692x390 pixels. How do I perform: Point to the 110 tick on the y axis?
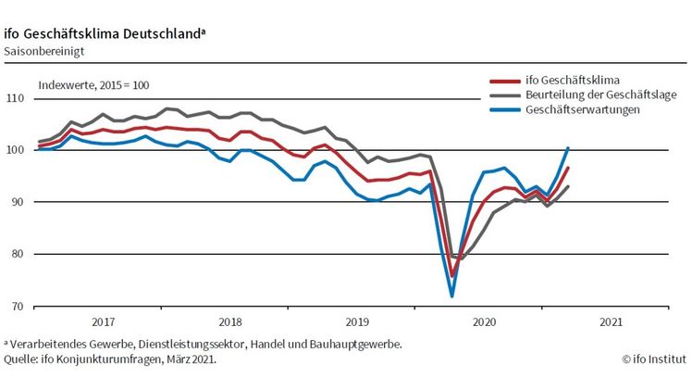[16, 98]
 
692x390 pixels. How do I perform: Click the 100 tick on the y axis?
[16, 150]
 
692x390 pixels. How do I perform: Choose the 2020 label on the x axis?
[482, 323]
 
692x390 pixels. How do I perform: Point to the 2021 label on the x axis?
[609, 323]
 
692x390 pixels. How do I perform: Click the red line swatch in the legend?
[503, 81]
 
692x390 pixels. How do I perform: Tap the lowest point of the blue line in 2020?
[451, 296]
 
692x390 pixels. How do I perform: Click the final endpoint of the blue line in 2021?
[568, 147]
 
